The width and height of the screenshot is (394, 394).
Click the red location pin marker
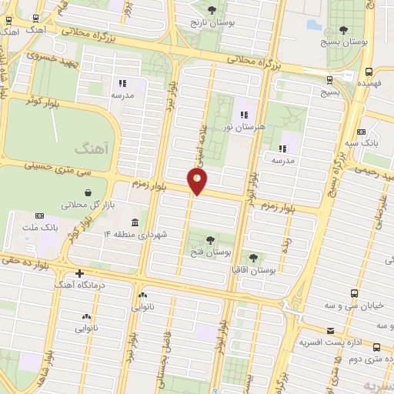pyautogui.click(x=198, y=182)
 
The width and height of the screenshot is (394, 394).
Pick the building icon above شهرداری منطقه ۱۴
pyautogui.click(x=135, y=223)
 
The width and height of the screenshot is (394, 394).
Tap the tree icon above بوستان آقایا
pyautogui.click(x=253, y=257)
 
